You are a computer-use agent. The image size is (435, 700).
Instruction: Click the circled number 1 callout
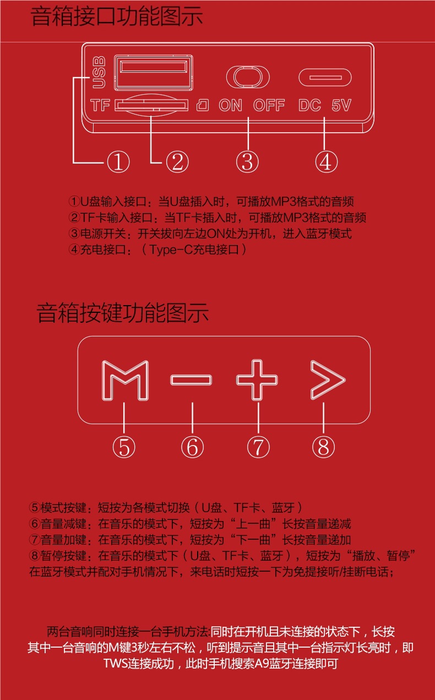point(118,162)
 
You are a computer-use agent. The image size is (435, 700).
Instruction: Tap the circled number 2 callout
point(177,162)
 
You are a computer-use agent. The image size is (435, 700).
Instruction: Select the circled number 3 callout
point(248,162)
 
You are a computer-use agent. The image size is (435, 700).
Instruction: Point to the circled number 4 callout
point(326,162)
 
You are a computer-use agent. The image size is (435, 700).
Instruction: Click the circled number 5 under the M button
point(124,447)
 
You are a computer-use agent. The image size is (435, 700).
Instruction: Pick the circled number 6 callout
point(192,447)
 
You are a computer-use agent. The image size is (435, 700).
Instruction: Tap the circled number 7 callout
point(258,447)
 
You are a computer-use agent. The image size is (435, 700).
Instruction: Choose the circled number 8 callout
point(323,447)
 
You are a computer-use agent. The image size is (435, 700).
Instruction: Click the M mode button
point(126,379)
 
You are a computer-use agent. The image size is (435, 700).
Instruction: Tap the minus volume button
point(191,380)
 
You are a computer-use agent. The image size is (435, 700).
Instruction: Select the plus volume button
point(257,380)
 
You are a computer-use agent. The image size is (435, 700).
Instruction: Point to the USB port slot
point(154,71)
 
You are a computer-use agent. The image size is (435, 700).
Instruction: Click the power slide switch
point(248,77)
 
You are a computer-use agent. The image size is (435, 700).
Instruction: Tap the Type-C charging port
point(325,77)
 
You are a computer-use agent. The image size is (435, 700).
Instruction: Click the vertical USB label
point(99,72)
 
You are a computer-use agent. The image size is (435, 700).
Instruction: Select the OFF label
point(269,105)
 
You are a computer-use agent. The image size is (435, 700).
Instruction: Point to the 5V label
point(341,105)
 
